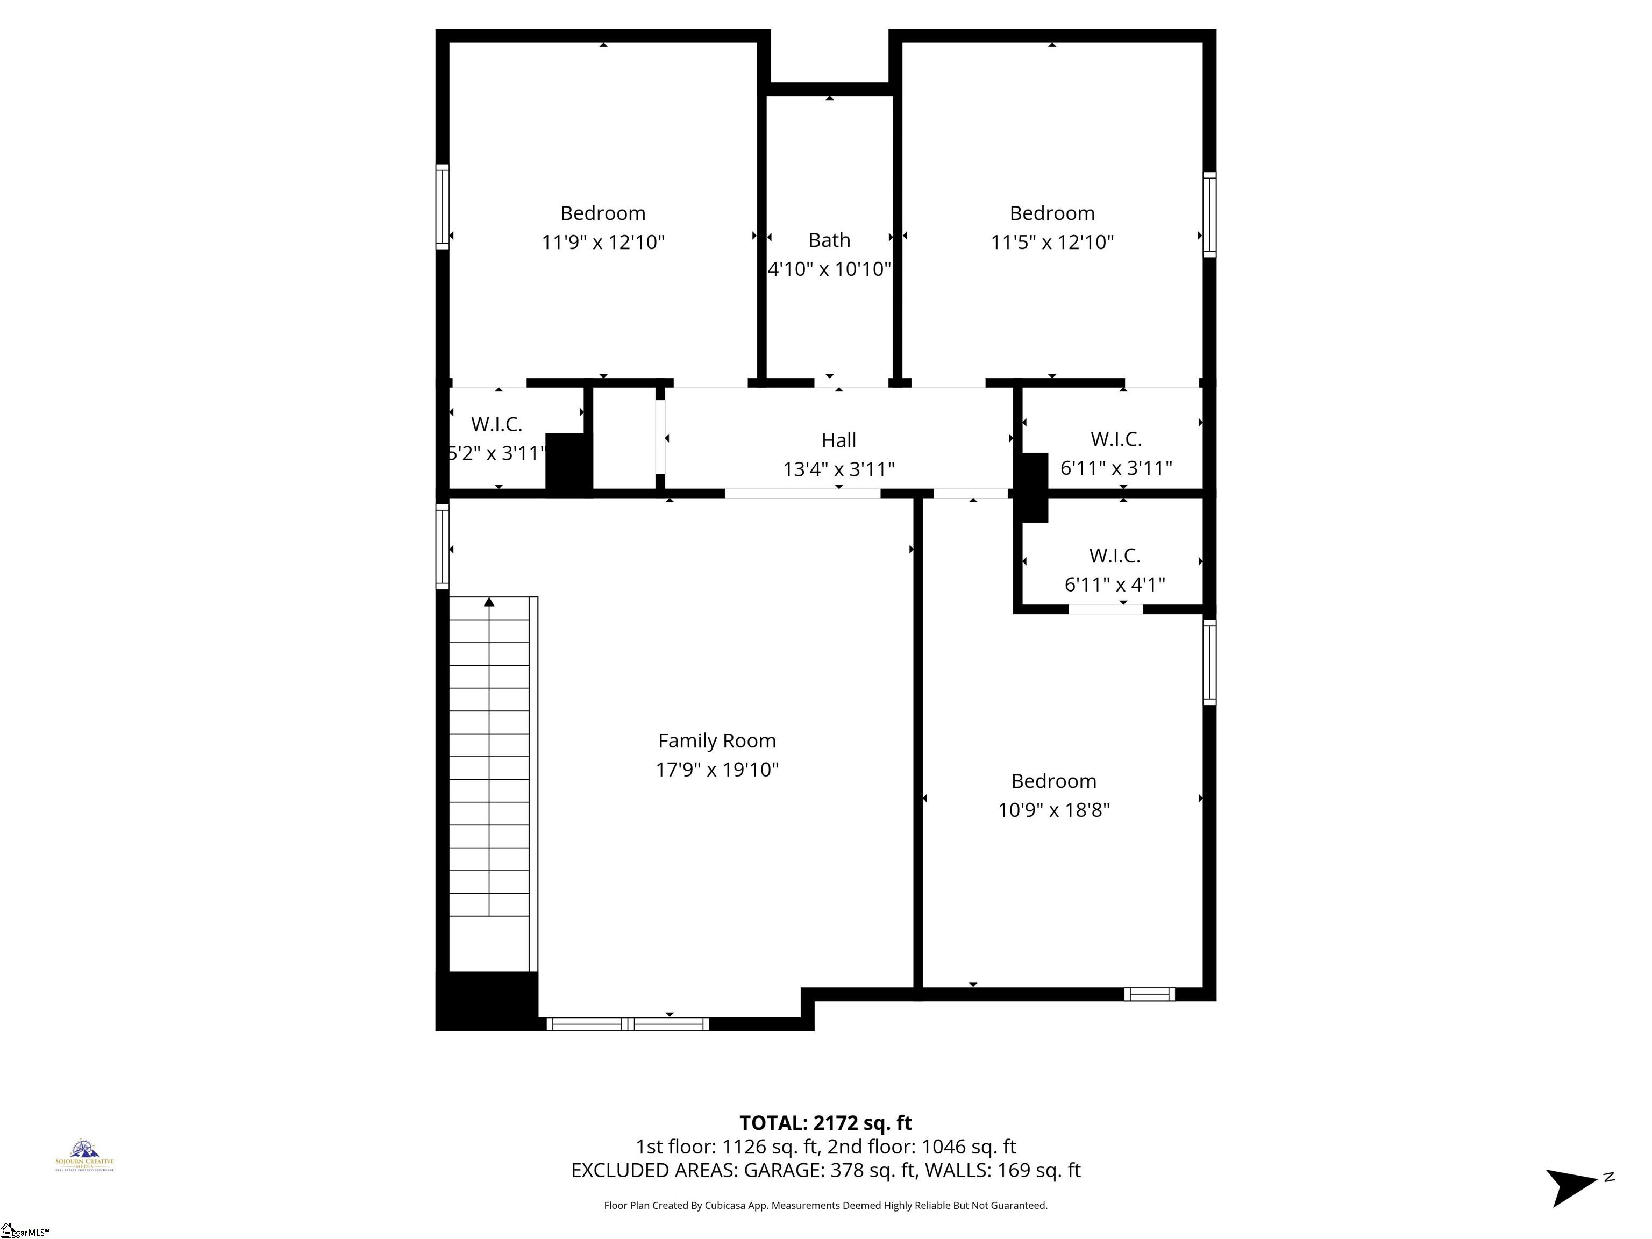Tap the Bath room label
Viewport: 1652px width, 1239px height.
(829, 240)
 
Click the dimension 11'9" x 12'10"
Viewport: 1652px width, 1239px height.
(603, 242)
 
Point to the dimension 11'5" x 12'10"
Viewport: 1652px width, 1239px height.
(1051, 242)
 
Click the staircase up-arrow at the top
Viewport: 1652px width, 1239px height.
(489, 601)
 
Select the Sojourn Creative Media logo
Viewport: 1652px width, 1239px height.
(84, 1155)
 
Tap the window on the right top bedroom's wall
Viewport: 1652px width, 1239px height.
(1209, 215)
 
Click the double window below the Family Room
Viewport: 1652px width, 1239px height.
(628, 1024)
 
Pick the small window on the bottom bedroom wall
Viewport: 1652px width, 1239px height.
(1149, 994)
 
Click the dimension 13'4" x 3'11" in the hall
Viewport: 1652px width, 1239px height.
(838, 469)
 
